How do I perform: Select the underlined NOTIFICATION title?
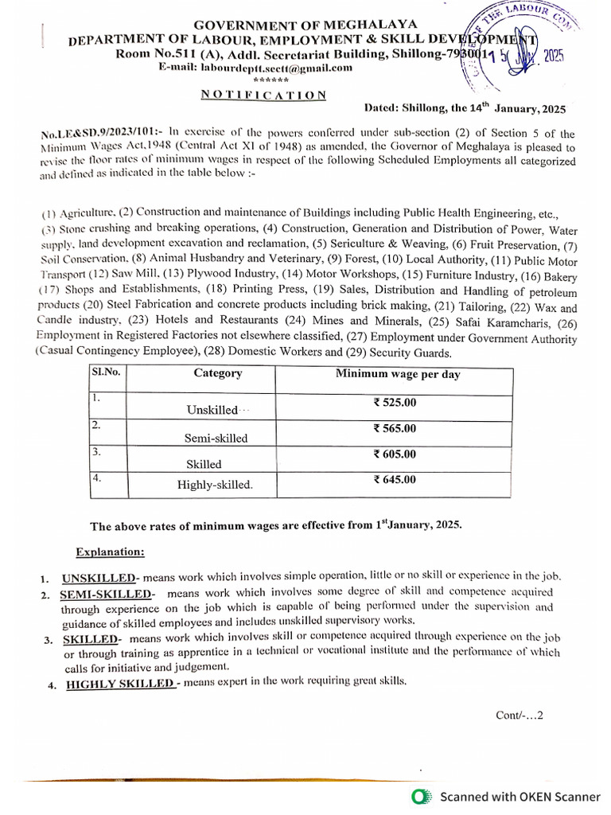tap(263, 95)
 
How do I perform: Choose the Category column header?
tap(217, 372)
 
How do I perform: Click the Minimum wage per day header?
tap(398, 373)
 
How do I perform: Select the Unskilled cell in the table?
tap(212, 410)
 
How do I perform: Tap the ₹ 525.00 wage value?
tap(395, 403)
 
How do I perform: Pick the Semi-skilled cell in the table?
tap(216, 438)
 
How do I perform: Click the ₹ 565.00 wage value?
tap(395, 428)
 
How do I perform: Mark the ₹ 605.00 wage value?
tap(395, 454)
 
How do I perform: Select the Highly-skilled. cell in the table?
tap(215, 484)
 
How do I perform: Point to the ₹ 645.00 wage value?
tap(395, 479)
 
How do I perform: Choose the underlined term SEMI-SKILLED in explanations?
tap(105, 595)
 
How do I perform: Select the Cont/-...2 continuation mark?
tap(519, 715)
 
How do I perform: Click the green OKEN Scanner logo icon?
tap(422, 796)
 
